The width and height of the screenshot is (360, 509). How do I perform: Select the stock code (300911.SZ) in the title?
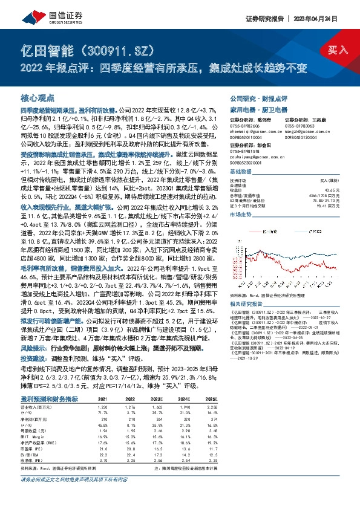(115, 49)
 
